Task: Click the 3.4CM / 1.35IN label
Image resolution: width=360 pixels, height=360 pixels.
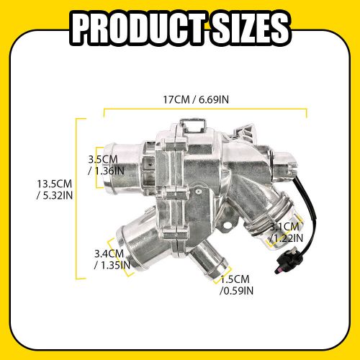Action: click(112, 258)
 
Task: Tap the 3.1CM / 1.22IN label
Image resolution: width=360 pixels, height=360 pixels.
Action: click(287, 233)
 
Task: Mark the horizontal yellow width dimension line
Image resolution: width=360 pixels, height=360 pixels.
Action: click(205, 110)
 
